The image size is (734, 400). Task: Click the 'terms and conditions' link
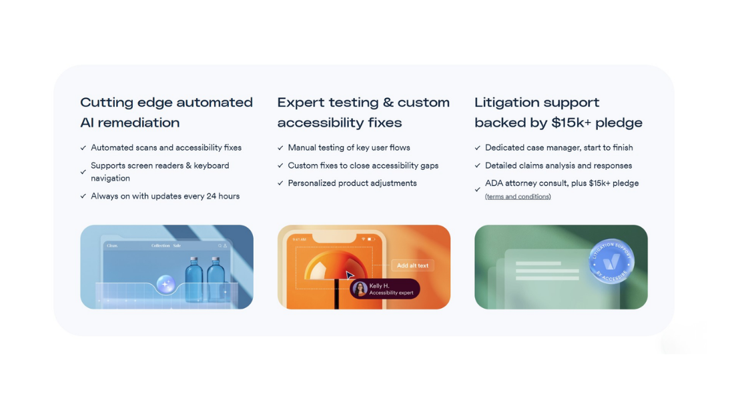(x=518, y=197)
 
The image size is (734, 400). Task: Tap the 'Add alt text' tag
(x=412, y=265)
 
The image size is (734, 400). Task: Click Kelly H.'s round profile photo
(x=359, y=289)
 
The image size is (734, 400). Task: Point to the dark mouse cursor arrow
(x=350, y=275)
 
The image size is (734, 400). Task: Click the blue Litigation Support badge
(x=611, y=262)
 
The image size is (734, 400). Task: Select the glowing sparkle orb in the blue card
(x=165, y=285)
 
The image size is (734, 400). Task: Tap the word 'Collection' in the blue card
(x=160, y=246)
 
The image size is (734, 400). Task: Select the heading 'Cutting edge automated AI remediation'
(x=166, y=113)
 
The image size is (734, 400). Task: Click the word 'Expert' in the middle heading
(x=300, y=103)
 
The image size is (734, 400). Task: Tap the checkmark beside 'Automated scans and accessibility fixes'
(x=83, y=148)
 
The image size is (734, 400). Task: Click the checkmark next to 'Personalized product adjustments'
(x=280, y=183)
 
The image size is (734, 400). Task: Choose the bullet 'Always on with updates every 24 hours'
(x=165, y=196)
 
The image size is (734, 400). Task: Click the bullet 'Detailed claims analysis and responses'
(x=559, y=165)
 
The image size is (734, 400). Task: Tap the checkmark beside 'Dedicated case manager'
(x=478, y=148)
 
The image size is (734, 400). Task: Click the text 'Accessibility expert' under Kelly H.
(x=392, y=293)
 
